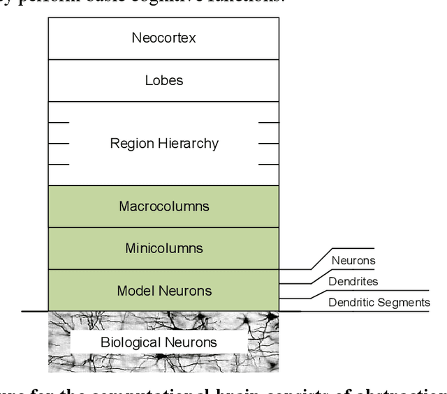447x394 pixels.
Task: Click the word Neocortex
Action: (x=163, y=38)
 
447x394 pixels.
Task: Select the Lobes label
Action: (x=163, y=79)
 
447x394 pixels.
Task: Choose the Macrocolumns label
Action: (x=163, y=206)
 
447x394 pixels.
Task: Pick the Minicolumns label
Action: (x=163, y=248)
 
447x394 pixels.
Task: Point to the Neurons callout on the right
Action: (x=353, y=261)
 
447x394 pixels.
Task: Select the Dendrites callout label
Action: (x=353, y=282)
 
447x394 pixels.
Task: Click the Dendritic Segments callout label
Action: (x=379, y=302)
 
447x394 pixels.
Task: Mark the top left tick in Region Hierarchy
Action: (x=59, y=123)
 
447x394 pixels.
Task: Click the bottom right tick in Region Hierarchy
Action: (x=268, y=165)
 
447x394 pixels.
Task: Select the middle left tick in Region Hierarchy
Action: (x=59, y=144)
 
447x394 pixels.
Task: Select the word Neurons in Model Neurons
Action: (x=187, y=291)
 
